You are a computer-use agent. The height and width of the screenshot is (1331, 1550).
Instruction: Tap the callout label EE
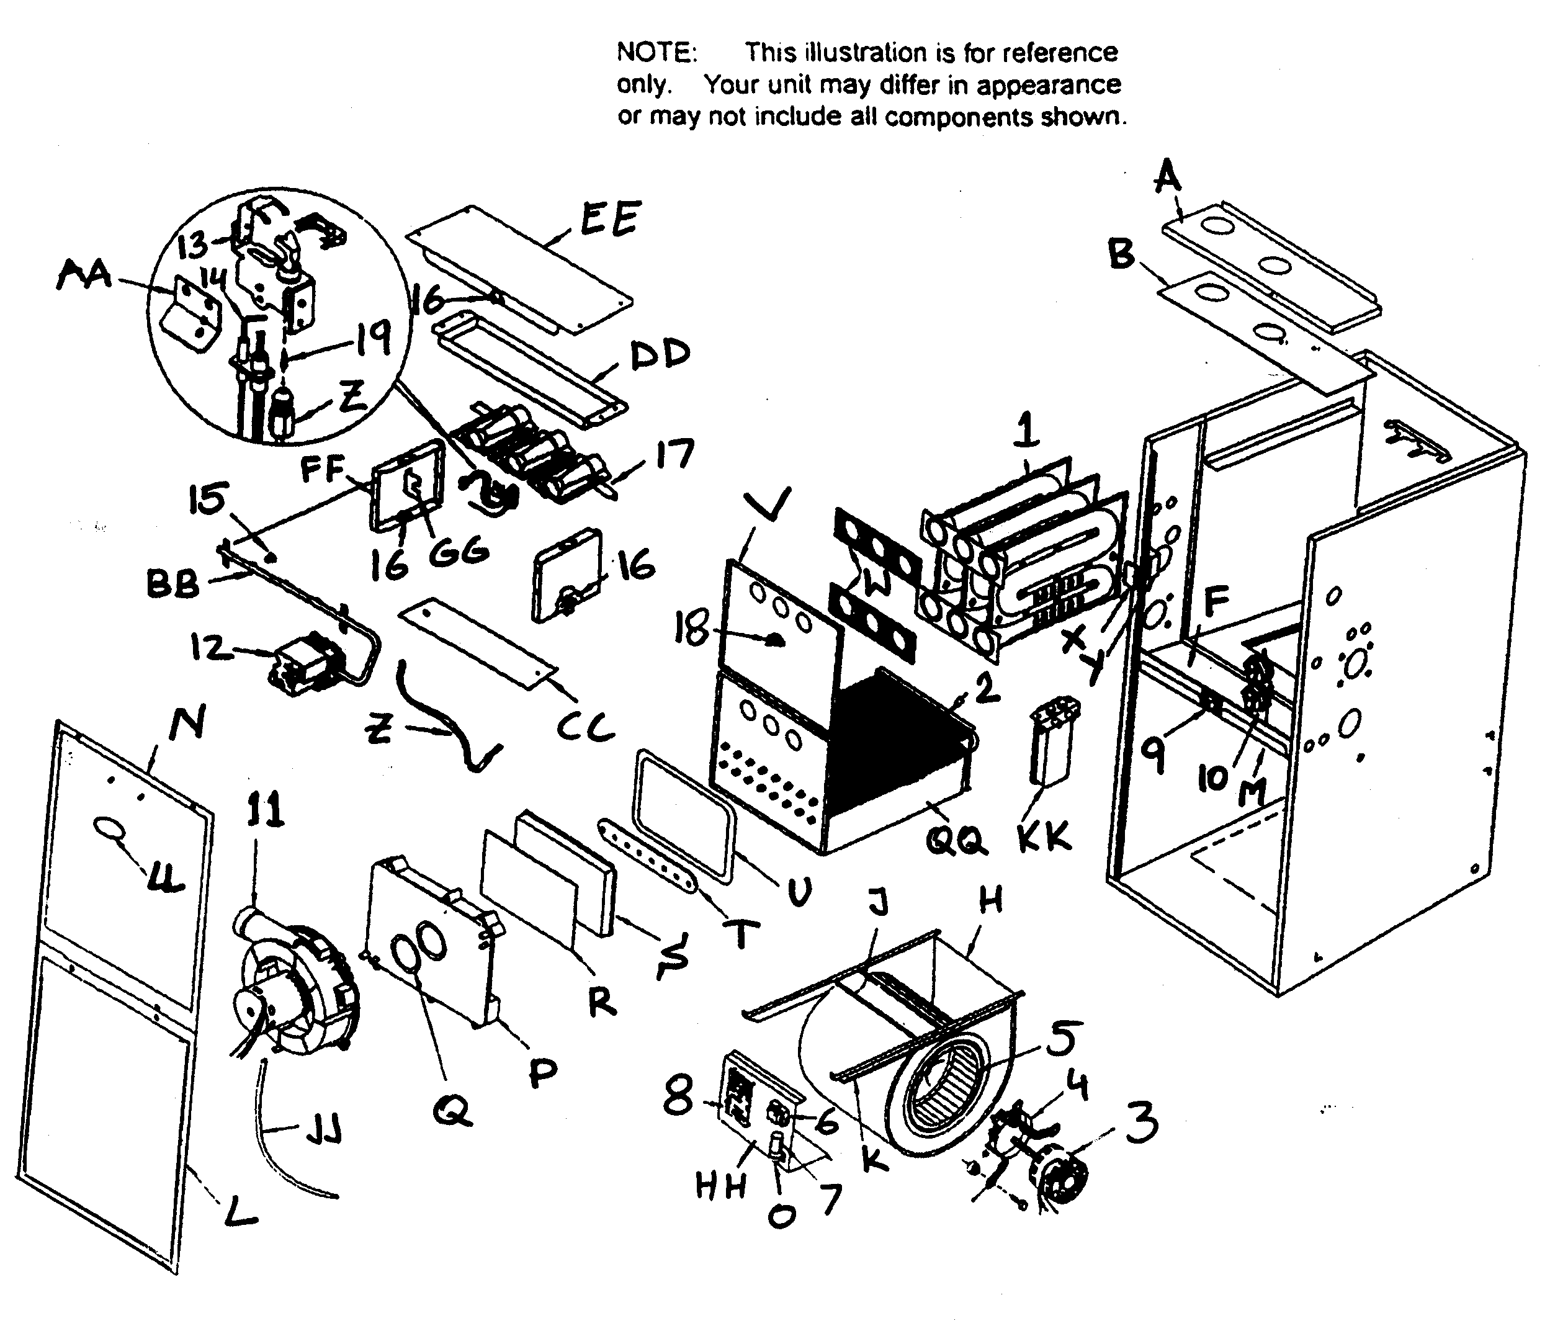tap(610, 218)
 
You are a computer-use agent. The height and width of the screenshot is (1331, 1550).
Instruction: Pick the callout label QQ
tap(956, 841)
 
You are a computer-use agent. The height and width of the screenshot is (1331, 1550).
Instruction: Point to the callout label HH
tap(721, 1186)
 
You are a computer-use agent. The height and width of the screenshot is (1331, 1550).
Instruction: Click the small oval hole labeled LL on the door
tap(109, 828)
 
